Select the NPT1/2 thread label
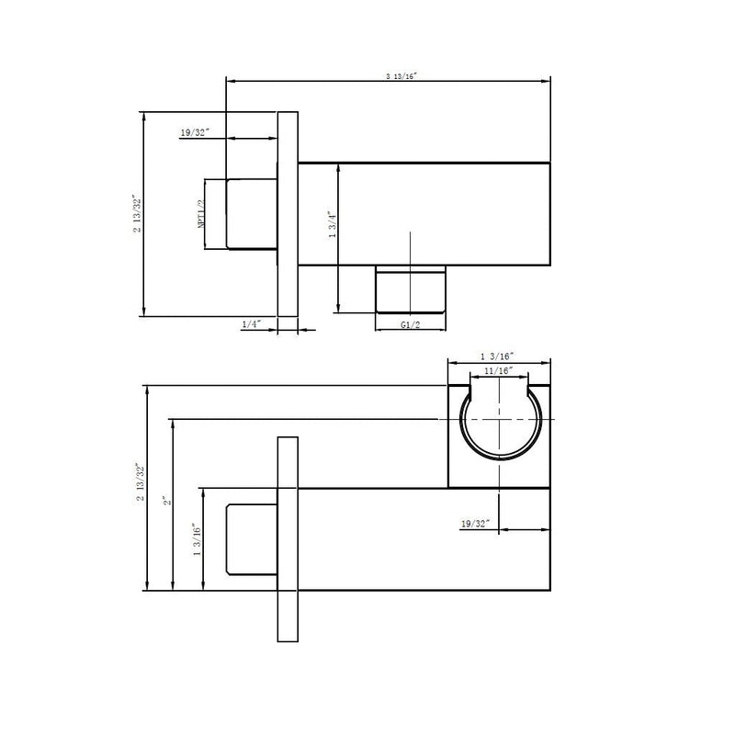[x=199, y=213]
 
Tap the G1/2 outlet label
[x=412, y=325]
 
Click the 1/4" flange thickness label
[x=251, y=324]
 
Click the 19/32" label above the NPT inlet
[x=195, y=132]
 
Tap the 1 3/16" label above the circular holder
[x=497, y=356]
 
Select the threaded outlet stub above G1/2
[x=412, y=289]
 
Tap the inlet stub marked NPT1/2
[x=252, y=214]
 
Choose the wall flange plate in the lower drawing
[x=287, y=539]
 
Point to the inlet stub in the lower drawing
[x=252, y=539]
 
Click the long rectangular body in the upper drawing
[x=424, y=213]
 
